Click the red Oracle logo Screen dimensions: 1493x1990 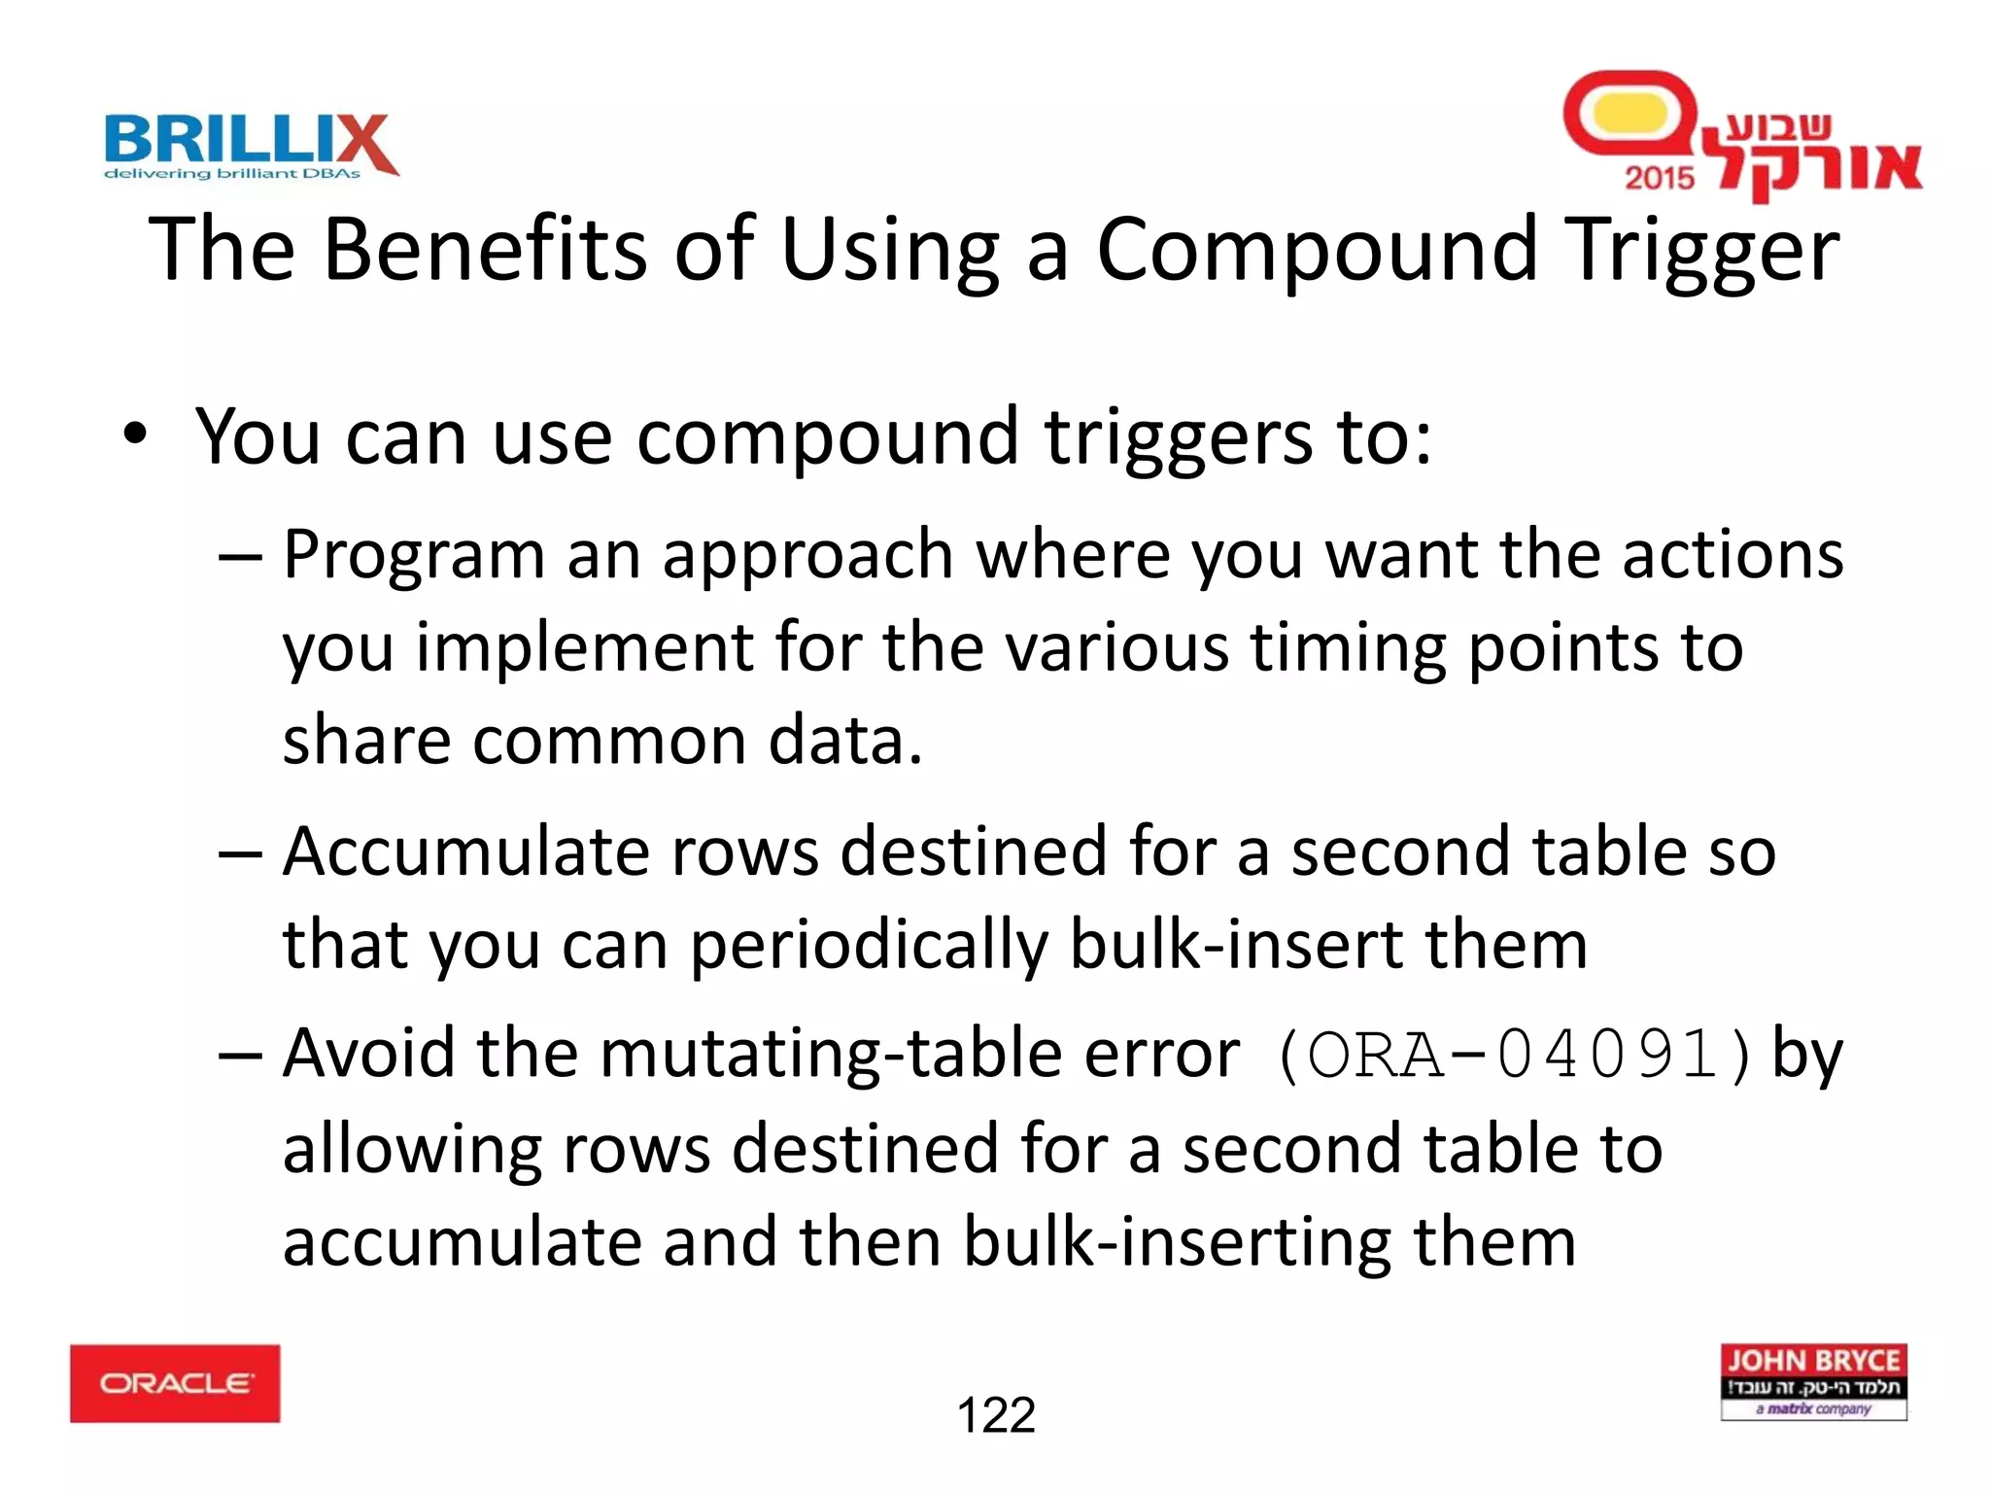175,1383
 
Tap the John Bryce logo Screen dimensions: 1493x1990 1813,1381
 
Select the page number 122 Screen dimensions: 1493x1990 996,1415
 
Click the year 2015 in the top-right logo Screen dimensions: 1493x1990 1659,178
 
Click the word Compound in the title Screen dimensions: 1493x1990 1318,251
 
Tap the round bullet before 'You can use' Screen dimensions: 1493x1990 135,434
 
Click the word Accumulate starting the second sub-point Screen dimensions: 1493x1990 466,852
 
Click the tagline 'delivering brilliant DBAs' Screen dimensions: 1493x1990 232,174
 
